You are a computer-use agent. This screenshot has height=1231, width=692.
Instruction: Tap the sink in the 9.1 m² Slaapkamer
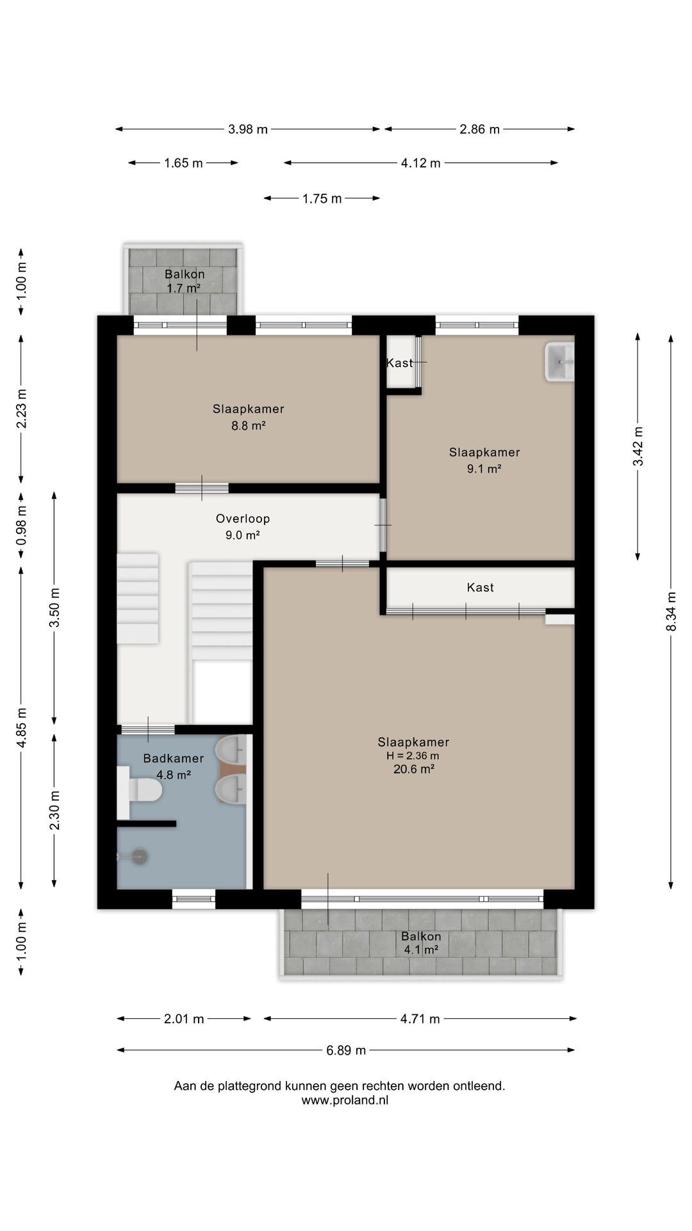click(559, 362)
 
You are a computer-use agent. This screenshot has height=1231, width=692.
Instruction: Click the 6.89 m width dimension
click(346, 1050)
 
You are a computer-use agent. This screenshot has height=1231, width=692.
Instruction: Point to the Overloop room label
click(243, 519)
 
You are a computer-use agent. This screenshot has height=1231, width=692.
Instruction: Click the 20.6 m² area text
click(414, 769)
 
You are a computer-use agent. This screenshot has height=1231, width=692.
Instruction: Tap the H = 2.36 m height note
click(413, 756)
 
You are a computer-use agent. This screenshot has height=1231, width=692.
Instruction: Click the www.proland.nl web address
click(345, 1100)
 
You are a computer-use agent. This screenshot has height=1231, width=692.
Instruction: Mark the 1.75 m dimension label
click(322, 199)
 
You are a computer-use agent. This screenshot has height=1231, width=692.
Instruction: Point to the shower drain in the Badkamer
click(140, 856)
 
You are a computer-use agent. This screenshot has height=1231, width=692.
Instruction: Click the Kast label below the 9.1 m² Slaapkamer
click(481, 587)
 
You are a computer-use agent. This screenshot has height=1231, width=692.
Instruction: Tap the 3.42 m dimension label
click(638, 447)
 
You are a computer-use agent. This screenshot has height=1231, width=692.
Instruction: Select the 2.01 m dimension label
click(184, 1019)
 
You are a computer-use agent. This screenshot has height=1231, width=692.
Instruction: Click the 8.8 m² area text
click(249, 425)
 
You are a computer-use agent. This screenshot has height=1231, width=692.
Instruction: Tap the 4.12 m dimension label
click(421, 163)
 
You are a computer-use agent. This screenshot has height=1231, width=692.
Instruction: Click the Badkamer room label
click(174, 758)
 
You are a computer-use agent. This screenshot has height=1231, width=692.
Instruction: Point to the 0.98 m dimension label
click(21, 525)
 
